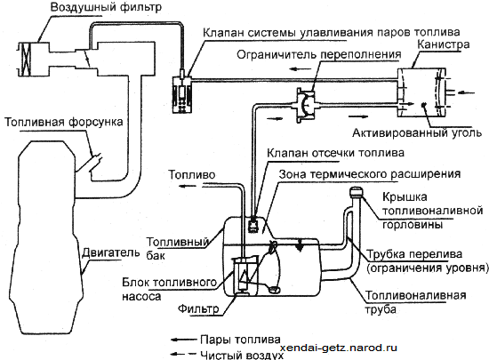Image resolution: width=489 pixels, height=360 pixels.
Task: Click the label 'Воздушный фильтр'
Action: (x=106, y=7)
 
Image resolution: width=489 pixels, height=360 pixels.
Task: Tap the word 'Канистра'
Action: (x=443, y=44)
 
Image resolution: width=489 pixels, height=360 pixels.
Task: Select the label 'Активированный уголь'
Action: (x=417, y=133)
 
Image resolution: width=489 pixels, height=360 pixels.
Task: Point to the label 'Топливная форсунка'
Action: (x=64, y=122)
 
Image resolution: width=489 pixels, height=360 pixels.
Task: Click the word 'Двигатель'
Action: (x=111, y=252)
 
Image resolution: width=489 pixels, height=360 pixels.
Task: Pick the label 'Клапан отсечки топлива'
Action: (x=335, y=153)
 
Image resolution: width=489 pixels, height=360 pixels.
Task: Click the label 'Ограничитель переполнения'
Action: (x=318, y=54)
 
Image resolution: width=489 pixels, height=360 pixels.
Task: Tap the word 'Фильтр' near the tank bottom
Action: (x=198, y=308)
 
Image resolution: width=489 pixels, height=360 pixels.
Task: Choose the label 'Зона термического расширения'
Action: (x=370, y=174)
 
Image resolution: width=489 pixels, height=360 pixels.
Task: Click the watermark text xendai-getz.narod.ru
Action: (x=339, y=348)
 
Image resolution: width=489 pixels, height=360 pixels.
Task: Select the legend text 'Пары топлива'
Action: (x=240, y=340)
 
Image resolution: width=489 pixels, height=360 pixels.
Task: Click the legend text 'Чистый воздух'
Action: (x=242, y=355)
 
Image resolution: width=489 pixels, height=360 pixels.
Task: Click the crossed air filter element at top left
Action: (x=25, y=59)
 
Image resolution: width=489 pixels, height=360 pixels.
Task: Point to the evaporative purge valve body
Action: (x=181, y=93)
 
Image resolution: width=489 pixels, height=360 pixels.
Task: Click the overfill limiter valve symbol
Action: (x=305, y=104)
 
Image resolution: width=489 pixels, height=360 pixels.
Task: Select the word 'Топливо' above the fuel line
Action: (x=192, y=175)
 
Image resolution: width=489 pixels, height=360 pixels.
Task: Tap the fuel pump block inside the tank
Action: (x=245, y=275)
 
